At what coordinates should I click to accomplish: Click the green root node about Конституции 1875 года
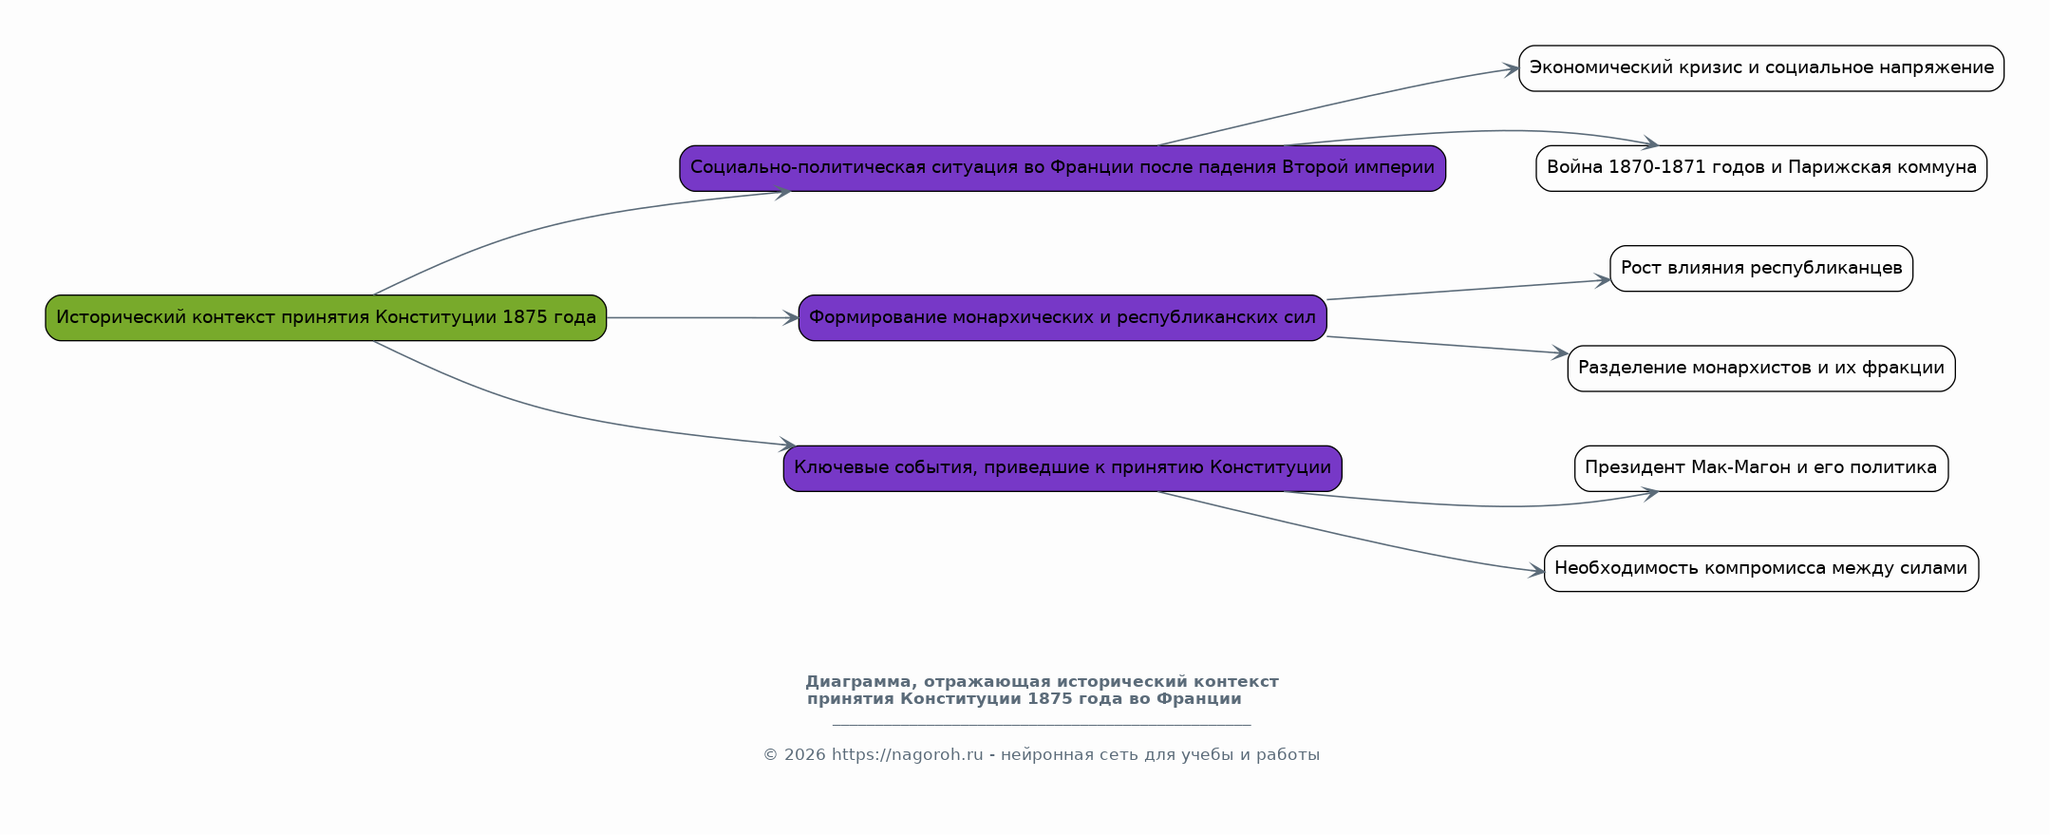click(326, 317)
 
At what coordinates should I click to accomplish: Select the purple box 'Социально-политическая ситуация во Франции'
click(1063, 168)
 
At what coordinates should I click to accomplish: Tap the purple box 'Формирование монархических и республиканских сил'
click(1063, 317)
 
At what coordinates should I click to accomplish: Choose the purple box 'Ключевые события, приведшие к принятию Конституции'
click(1063, 468)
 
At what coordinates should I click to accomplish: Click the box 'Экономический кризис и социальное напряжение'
click(1761, 68)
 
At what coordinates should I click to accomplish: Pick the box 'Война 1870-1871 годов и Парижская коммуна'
click(1761, 168)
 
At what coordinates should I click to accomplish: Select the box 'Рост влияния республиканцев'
click(1761, 268)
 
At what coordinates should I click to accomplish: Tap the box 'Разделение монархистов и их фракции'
click(1761, 369)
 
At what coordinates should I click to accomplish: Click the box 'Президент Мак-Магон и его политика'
click(1761, 468)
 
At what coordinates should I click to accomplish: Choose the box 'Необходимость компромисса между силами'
click(1761, 569)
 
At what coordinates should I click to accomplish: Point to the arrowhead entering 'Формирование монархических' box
click(790, 318)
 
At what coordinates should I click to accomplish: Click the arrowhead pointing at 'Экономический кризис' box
click(1510, 68)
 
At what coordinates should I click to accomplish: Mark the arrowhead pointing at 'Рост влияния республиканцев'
click(1602, 280)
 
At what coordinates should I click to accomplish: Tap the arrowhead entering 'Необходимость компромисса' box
click(1535, 572)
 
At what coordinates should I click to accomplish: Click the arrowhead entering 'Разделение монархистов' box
click(1559, 353)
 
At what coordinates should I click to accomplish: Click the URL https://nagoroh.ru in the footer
click(907, 755)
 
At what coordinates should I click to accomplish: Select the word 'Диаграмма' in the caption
click(861, 682)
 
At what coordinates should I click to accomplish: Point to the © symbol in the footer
click(770, 755)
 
